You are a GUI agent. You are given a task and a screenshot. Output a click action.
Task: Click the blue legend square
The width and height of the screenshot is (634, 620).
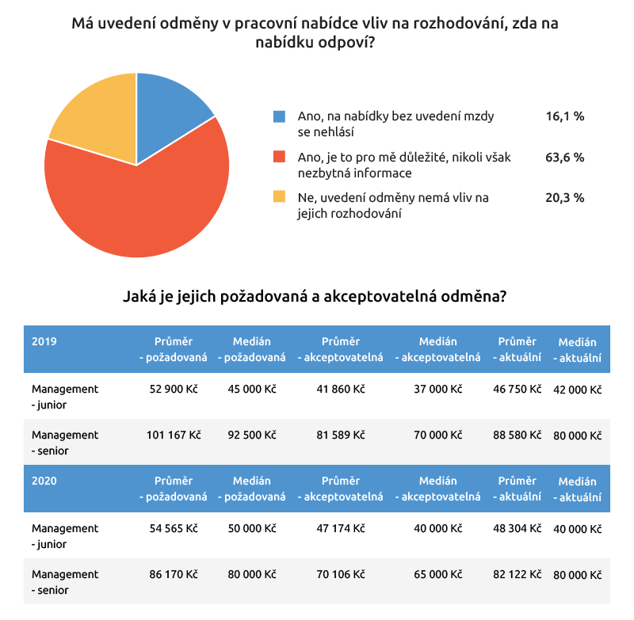(279, 116)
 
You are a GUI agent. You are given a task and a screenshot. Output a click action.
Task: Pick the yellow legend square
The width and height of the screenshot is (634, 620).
(279, 197)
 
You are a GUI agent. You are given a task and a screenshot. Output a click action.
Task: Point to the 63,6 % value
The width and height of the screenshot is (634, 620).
(564, 157)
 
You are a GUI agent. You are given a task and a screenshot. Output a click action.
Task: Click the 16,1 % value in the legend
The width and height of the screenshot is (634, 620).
(564, 116)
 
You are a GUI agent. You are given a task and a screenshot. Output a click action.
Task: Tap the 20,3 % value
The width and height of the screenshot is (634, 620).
(564, 197)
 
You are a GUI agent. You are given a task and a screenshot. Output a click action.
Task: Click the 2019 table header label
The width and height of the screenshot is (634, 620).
(44, 342)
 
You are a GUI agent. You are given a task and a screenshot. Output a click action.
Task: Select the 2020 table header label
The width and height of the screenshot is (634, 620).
(44, 481)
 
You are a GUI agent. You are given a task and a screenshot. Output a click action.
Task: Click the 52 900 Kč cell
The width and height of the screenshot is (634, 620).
(174, 390)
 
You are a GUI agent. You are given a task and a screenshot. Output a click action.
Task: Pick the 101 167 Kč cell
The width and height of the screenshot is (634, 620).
(174, 436)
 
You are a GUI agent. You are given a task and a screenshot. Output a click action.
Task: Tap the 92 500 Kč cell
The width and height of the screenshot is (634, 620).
(251, 436)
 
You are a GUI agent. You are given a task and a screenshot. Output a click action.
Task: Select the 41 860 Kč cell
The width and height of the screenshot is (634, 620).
(340, 390)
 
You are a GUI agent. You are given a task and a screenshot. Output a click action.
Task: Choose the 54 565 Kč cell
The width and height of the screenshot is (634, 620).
(174, 529)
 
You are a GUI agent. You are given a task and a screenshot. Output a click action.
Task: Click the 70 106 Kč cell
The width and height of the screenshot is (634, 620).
(340, 575)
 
